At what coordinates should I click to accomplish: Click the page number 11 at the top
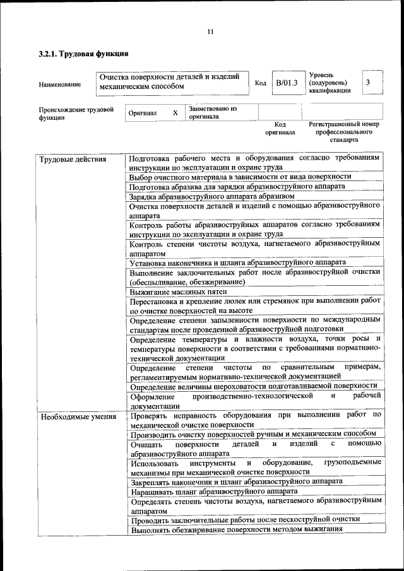pos(210,32)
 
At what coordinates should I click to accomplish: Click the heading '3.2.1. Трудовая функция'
pos(83,54)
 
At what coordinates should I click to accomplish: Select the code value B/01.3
pos(286,83)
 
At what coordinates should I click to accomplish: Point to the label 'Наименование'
pos(60,84)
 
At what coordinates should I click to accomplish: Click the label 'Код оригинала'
pos(280,128)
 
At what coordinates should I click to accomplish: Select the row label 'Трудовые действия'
pos(73,159)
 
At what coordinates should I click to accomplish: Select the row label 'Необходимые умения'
pos(78,416)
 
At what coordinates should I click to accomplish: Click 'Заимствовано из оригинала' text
pos(212,112)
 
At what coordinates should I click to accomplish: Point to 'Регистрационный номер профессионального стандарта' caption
pos(344,132)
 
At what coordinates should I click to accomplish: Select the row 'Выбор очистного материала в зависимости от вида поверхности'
pos(241,177)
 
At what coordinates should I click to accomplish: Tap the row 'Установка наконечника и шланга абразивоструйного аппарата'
pos(237,262)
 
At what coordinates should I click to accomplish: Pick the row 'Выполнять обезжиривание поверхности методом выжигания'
pos(237,529)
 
